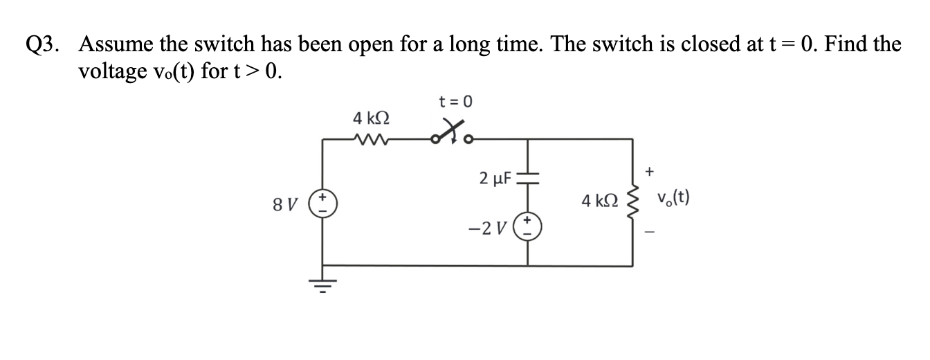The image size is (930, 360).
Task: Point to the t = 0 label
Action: pos(455,102)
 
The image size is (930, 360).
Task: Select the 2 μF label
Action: pos(495,179)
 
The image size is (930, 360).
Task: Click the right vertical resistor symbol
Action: pos(632,202)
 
